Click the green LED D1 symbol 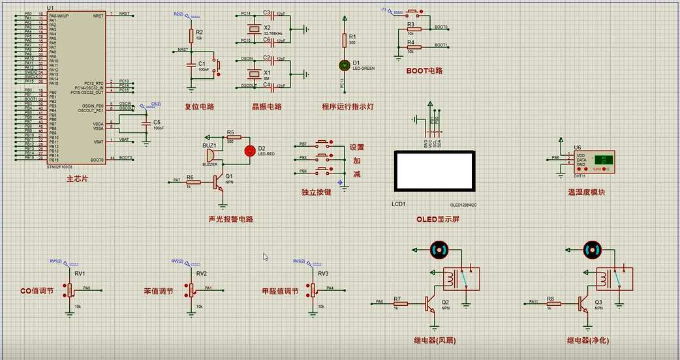[345, 65]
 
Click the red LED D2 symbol [249, 151]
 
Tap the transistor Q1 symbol [219, 183]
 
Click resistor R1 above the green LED [345, 40]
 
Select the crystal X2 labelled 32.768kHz [254, 29]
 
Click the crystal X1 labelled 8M [254, 72]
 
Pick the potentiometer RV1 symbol [70, 290]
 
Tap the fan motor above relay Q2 [438, 248]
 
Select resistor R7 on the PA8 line [399, 303]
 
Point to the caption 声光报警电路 [230, 219]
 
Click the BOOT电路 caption [424, 70]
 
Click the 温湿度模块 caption [587, 192]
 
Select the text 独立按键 [316, 192]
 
